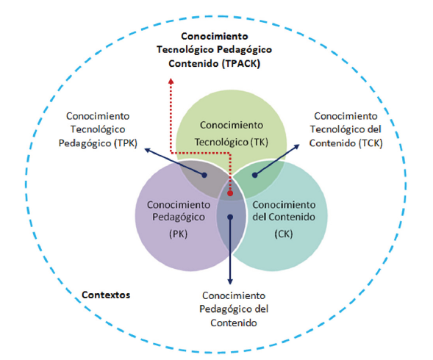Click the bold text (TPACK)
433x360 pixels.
(x=241, y=64)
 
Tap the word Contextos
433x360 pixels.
(x=106, y=295)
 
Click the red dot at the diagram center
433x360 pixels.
(x=230, y=193)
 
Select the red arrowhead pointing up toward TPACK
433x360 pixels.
(x=171, y=81)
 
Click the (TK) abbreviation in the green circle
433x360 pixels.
(x=260, y=143)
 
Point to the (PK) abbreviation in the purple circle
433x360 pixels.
(x=179, y=234)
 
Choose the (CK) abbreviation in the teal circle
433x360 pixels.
(x=284, y=234)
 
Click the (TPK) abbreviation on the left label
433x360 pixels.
(x=126, y=143)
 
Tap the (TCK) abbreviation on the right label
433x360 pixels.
(x=371, y=143)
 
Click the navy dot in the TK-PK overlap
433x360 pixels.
(x=204, y=175)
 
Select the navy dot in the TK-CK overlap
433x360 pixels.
(x=255, y=175)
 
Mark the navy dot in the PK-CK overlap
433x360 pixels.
(x=230, y=217)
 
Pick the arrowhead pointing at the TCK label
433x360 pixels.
(x=296, y=147)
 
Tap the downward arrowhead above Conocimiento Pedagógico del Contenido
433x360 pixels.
(x=230, y=281)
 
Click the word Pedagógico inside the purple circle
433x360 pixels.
(x=179, y=217)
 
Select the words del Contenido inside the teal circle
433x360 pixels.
(x=284, y=217)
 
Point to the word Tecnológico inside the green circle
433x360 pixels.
(x=222, y=143)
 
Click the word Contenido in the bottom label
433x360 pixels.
(x=234, y=323)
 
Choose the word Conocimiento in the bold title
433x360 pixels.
(x=215, y=36)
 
